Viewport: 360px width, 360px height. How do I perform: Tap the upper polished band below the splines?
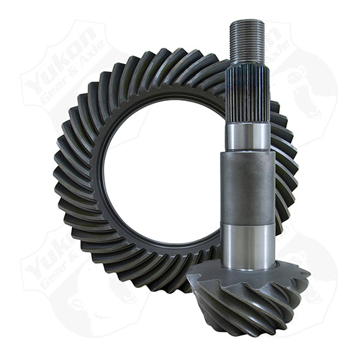point(248,137)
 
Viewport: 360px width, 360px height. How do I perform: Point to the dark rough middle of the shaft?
point(248,186)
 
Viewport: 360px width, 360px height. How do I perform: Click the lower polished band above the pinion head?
point(248,244)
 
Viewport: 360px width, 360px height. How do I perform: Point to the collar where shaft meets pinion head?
point(248,267)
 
